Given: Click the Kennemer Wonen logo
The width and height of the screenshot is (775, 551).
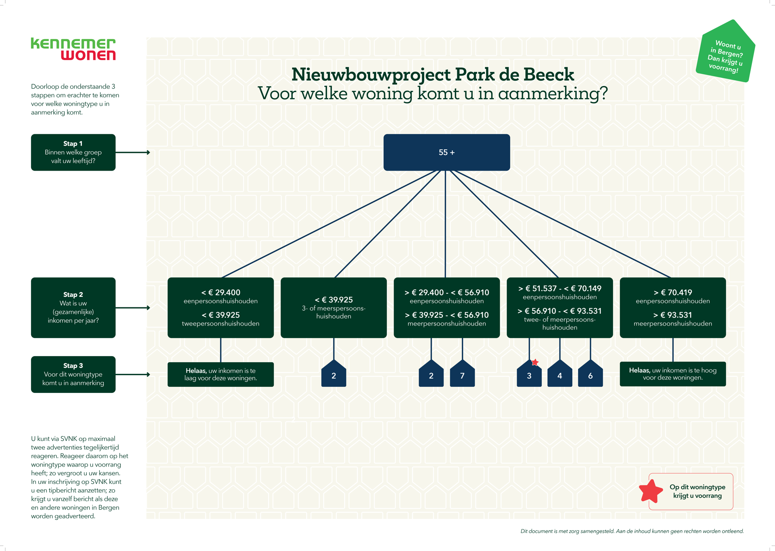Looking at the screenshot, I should (73, 49).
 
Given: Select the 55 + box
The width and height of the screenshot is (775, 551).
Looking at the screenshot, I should (446, 152).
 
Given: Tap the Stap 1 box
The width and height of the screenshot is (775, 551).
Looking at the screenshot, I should (73, 152).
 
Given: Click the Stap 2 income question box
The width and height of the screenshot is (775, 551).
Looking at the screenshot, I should (73, 307).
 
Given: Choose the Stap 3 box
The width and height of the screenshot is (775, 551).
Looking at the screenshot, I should (73, 374).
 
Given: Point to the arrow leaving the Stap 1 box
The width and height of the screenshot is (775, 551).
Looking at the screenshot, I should (133, 152).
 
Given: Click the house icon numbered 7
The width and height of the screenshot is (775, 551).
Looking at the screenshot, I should (462, 374).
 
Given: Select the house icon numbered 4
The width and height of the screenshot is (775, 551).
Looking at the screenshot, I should (559, 374).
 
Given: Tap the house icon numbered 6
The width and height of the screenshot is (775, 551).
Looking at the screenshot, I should (590, 374).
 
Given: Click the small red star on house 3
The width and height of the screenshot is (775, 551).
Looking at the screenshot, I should (535, 362).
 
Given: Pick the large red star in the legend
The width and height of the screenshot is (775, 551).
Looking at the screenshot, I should (651, 491).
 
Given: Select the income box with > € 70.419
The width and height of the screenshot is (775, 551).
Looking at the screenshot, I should (672, 307).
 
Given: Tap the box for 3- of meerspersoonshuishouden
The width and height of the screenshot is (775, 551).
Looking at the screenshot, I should (333, 307).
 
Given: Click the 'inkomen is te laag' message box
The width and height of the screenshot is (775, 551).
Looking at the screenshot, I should (220, 374).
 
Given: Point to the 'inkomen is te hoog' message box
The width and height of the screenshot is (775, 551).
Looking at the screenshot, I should (672, 374).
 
